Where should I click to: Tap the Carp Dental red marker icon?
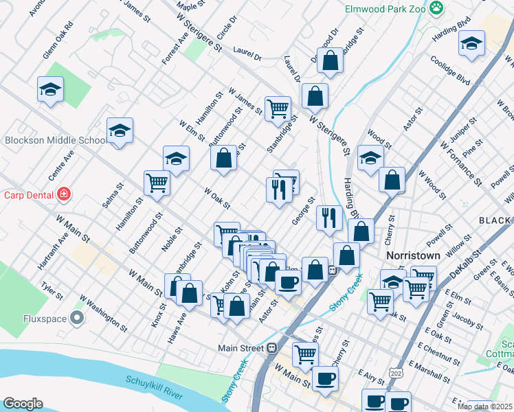[x=64, y=194]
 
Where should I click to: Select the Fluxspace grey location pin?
[x=77, y=318]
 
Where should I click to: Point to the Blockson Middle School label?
[x=55, y=141]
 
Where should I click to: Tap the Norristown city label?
[x=412, y=255]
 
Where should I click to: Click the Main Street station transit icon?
[x=271, y=347]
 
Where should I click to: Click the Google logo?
[x=23, y=404]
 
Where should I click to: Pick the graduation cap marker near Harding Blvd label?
[x=471, y=43]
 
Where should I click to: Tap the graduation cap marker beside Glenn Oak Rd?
[x=51, y=89]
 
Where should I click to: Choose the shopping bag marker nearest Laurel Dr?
[x=331, y=60]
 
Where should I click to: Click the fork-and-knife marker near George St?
[x=329, y=218]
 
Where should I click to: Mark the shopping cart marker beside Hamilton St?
[x=157, y=183]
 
